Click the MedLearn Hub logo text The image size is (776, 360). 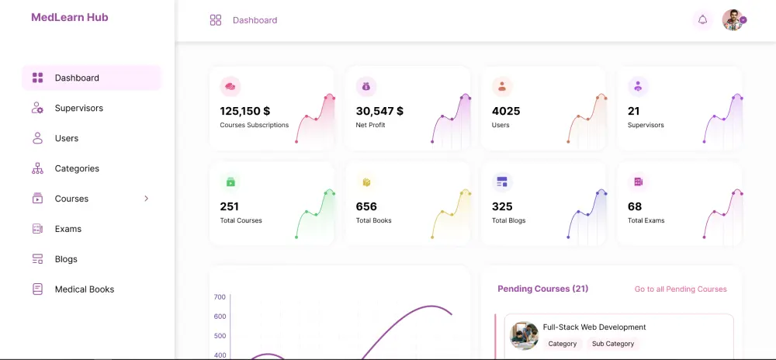70,17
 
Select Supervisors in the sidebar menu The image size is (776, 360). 78,108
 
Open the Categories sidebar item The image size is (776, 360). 77,168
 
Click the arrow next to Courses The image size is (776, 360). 147,199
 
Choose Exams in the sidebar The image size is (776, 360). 68,229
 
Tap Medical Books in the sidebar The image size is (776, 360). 84,289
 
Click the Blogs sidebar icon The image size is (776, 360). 37,259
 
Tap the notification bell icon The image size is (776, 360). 702,20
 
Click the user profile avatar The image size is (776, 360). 733,20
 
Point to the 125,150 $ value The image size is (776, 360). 244,111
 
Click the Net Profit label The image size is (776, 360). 370,125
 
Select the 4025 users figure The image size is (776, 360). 506,111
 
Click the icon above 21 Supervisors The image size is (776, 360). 638,86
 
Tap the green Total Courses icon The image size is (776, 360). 230,182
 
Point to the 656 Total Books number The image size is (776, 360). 366,206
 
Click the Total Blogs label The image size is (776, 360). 508,220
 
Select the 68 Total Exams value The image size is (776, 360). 635,206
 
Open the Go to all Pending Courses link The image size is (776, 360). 681,289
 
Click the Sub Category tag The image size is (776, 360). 612,344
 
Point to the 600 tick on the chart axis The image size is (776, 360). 220,317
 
